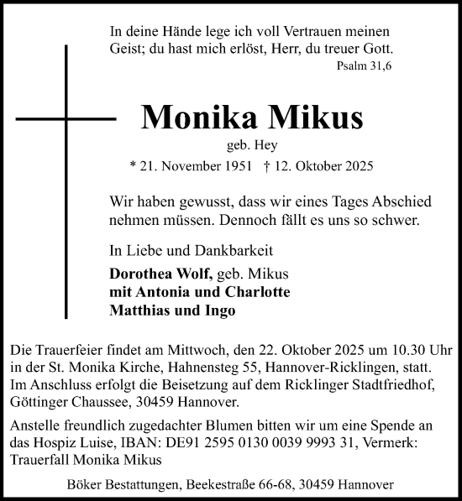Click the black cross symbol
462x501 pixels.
tap(66, 115)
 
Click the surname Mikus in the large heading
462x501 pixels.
tap(314, 117)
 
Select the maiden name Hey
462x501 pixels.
tap(266, 145)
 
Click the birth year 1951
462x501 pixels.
tap(232, 166)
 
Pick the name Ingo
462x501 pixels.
tap(220, 310)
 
